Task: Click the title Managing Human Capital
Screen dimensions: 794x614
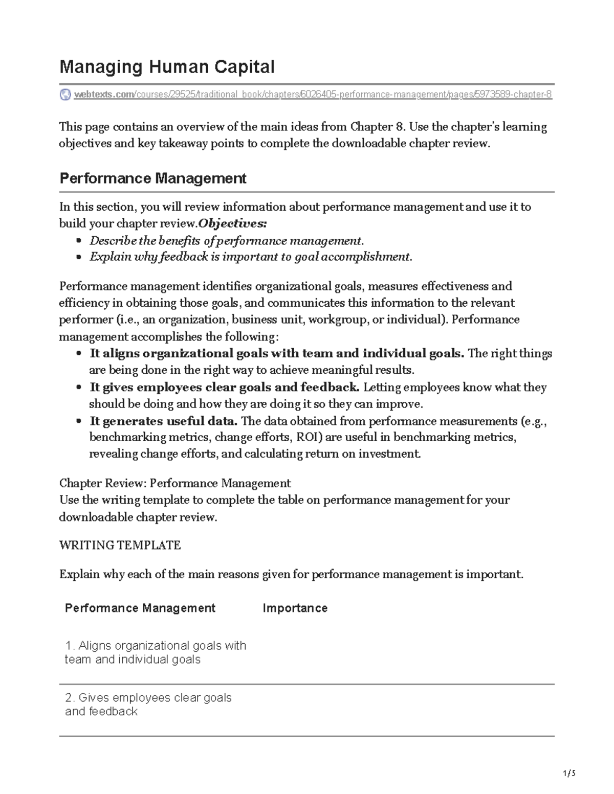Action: click(167, 67)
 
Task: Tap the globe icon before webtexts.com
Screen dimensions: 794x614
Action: click(65, 95)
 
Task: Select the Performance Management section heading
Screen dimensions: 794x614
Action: click(153, 178)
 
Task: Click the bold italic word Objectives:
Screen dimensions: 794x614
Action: click(232, 223)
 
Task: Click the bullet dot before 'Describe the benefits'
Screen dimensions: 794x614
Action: click(78, 241)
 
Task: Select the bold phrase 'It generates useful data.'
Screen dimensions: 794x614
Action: click(164, 421)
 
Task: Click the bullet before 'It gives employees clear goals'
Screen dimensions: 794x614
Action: click(78, 388)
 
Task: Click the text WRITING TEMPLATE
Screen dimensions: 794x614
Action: click(120, 546)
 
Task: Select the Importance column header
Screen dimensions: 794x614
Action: click(295, 608)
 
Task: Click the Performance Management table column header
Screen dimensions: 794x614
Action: click(140, 608)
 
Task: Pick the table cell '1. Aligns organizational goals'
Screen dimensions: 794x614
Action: click(156, 652)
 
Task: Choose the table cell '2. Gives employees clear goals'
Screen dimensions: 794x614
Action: click(148, 705)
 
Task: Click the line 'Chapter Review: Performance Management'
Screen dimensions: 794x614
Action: click(175, 484)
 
